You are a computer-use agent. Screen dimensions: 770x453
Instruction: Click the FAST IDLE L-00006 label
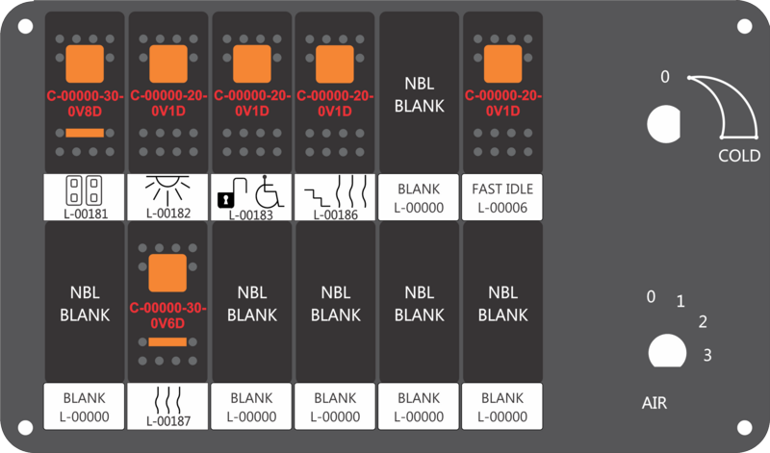[x=502, y=198]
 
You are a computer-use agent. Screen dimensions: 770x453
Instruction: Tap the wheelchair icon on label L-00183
[x=269, y=191]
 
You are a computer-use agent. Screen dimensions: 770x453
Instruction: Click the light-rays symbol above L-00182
[x=167, y=189]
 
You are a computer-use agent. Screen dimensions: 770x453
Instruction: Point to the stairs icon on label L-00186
[x=317, y=197]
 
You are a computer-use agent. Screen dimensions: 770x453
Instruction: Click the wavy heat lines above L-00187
[x=167, y=400]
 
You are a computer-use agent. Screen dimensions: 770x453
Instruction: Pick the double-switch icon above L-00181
[x=84, y=190]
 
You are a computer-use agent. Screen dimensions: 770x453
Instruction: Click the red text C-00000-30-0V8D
[x=85, y=104]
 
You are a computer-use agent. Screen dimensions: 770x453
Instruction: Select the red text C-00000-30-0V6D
[x=167, y=315]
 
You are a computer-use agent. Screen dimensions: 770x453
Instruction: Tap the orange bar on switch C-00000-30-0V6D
[x=167, y=342]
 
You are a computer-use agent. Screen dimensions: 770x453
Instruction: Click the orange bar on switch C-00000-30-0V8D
[x=85, y=133]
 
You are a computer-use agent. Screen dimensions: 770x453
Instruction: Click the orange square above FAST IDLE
[x=502, y=64]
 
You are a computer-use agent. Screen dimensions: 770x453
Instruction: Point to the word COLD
[x=739, y=156]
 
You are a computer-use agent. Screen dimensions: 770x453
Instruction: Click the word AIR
[x=654, y=403]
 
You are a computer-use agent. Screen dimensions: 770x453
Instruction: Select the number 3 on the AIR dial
[x=707, y=355]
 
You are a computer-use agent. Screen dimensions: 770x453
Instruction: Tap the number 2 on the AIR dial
[x=703, y=322]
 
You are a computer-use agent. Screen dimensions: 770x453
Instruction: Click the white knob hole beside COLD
[x=663, y=124]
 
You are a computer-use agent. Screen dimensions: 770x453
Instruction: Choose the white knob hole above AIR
[x=667, y=351]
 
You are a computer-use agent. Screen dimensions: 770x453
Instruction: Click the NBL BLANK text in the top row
[x=420, y=94]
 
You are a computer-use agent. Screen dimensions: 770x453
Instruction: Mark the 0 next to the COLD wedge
[x=665, y=77]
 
